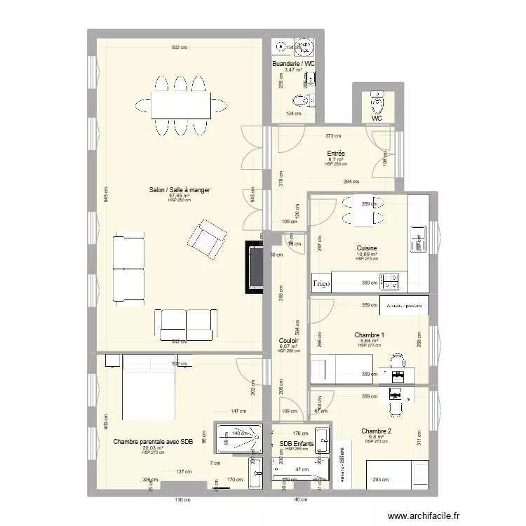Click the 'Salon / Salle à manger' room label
(x=179, y=189)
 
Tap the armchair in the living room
(x=205, y=238)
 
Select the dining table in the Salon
(x=180, y=106)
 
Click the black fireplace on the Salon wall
(x=254, y=267)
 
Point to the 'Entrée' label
(x=336, y=154)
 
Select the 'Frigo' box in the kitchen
(x=321, y=283)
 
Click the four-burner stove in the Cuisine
(x=389, y=282)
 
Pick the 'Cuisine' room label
(x=366, y=248)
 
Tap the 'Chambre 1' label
(x=370, y=335)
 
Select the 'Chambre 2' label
(x=377, y=431)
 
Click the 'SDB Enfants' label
(x=297, y=444)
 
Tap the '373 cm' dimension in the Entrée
(x=333, y=136)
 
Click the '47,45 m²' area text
(x=180, y=196)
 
